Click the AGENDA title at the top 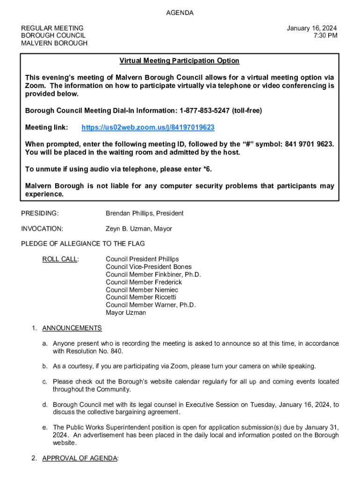[x=180, y=13]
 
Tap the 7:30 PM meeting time [x=326, y=36]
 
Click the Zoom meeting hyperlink [x=148, y=128]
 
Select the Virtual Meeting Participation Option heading [x=179, y=61]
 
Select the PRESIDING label [x=40, y=213]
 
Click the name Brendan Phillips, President [x=144, y=213]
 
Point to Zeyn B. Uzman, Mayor [x=139, y=229]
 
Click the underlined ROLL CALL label [x=60, y=259]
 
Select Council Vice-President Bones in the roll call [x=149, y=267]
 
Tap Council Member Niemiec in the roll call [x=142, y=290]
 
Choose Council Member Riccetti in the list [x=141, y=297]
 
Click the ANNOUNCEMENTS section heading [x=72, y=328]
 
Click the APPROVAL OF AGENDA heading [x=80, y=458]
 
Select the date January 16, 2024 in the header [x=312, y=28]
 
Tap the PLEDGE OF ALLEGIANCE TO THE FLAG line [x=83, y=244]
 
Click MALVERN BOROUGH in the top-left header [x=54, y=43]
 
